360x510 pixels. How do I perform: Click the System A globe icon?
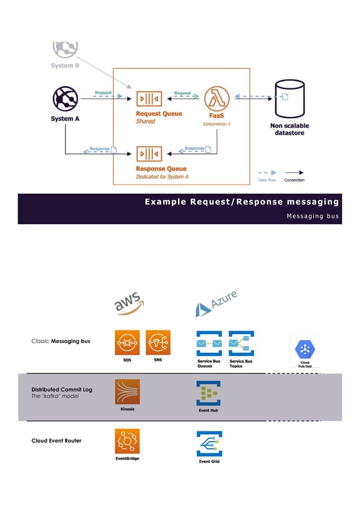(x=65, y=99)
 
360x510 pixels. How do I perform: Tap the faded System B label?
(x=65, y=66)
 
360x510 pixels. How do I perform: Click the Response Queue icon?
(x=149, y=154)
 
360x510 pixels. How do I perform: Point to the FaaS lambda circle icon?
(x=216, y=98)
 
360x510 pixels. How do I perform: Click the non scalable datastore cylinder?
(x=289, y=98)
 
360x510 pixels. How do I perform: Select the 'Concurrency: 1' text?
(x=217, y=123)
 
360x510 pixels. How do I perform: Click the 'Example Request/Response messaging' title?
(x=242, y=202)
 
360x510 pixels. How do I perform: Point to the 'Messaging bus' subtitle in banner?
(x=313, y=216)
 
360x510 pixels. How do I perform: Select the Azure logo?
(x=216, y=304)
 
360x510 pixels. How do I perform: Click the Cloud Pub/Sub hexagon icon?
(x=304, y=348)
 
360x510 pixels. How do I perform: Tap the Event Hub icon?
(x=208, y=393)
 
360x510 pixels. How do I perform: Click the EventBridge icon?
(x=128, y=441)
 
